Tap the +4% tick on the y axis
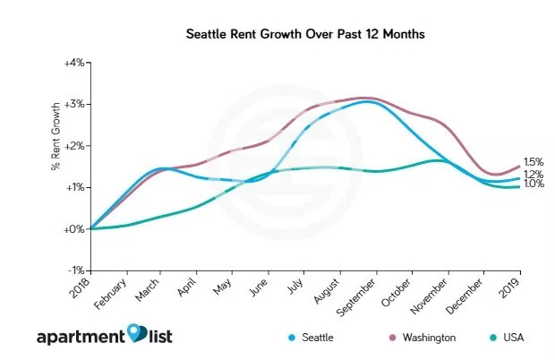click(x=73, y=63)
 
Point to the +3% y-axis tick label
click(x=73, y=105)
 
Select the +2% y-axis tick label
click(x=73, y=146)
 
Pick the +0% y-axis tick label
click(x=73, y=229)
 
